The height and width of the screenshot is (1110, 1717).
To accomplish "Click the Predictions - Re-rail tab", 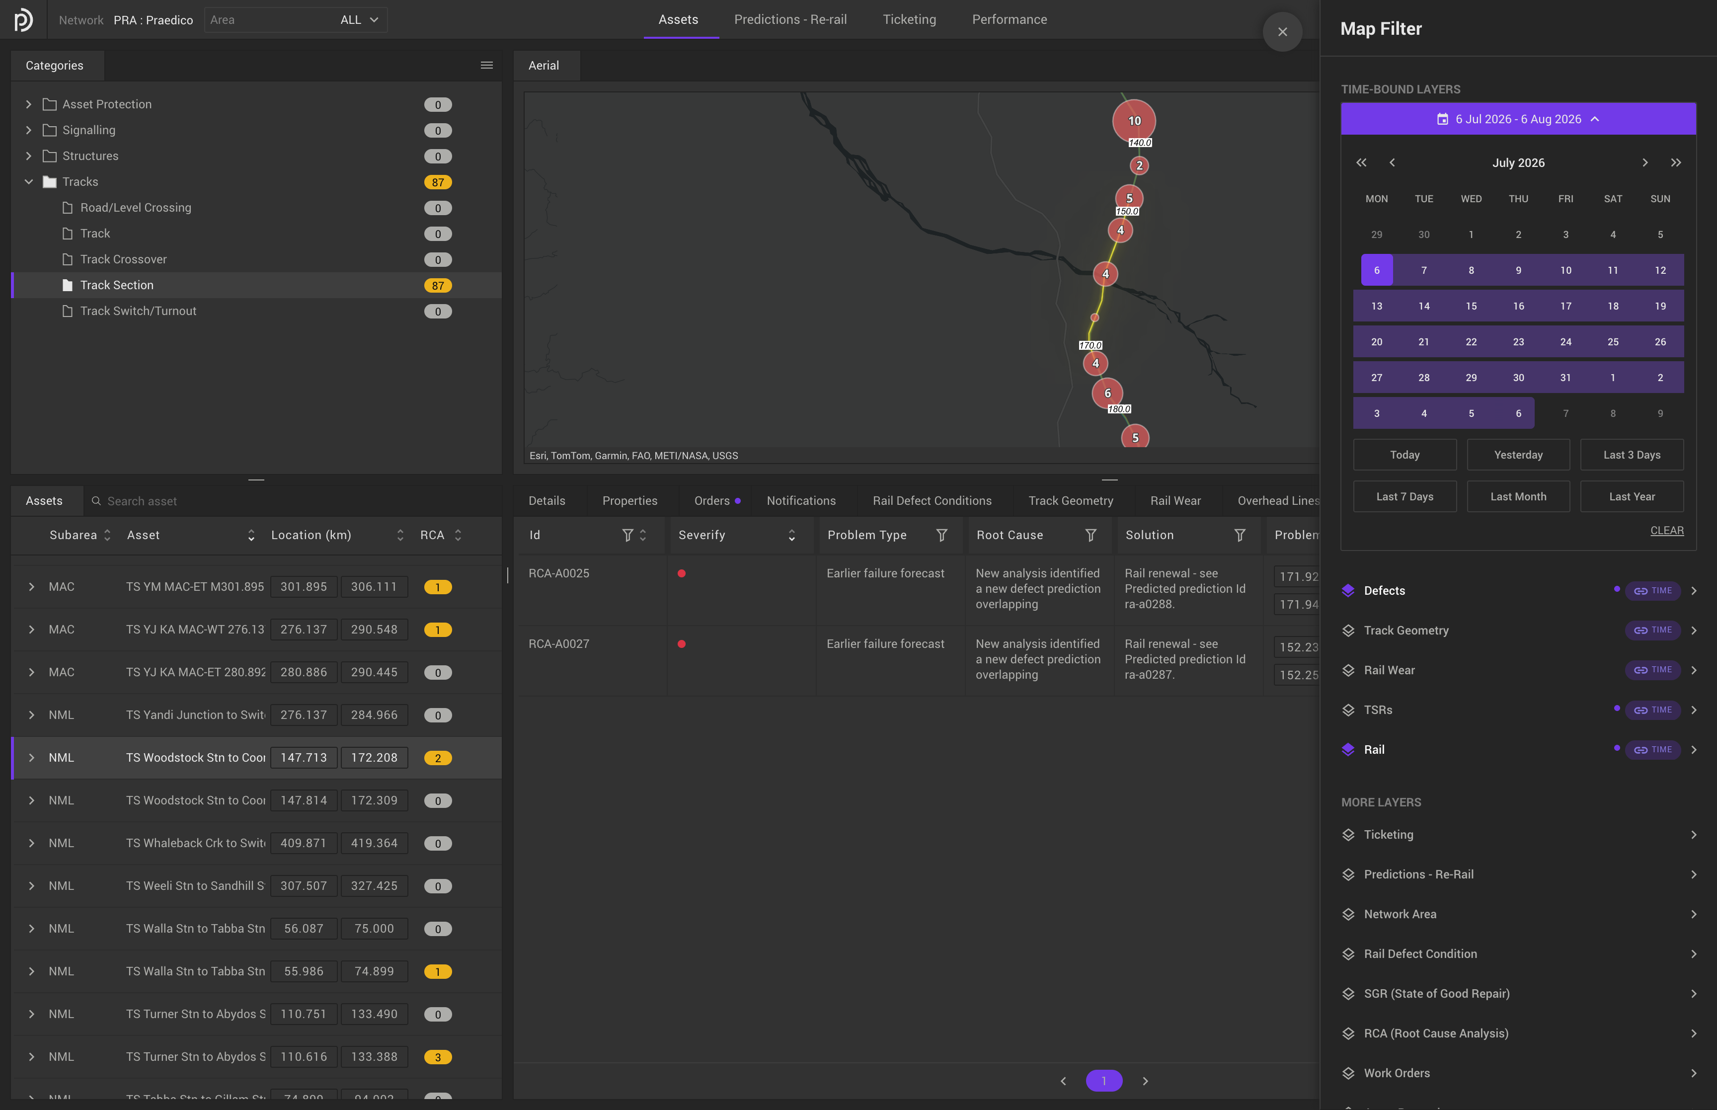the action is pyautogui.click(x=790, y=19).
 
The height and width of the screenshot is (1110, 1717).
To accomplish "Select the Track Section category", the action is pyautogui.click(x=117, y=285).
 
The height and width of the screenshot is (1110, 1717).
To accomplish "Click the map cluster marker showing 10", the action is pyautogui.click(x=1134, y=120).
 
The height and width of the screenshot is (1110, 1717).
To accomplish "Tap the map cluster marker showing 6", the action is pyautogui.click(x=1107, y=393).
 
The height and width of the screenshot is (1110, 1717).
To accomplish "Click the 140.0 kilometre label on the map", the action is pyautogui.click(x=1140, y=143).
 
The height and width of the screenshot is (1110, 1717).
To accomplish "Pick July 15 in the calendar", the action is pyautogui.click(x=1471, y=306).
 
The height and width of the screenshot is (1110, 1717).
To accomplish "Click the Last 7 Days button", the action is pyautogui.click(x=1405, y=496).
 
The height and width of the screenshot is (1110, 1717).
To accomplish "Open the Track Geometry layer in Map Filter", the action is pyautogui.click(x=1405, y=631).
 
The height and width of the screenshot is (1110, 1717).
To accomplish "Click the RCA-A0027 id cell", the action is pyautogui.click(x=559, y=643).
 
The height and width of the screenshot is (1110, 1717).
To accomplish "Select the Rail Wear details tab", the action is pyautogui.click(x=1175, y=501).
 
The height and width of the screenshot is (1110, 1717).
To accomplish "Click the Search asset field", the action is pyautogui.click(x=142, y=501).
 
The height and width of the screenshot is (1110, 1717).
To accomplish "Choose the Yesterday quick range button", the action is pyautogui.click(x=1518, y=455).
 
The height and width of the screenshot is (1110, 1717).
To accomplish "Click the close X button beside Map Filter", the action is pyautogui.click(x=1282, y=32).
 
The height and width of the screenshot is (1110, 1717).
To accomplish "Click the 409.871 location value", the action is pyautogui.click(x=304, y=843).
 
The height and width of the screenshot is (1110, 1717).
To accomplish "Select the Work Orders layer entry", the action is pyautogui.click(x=1397, y=1073).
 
